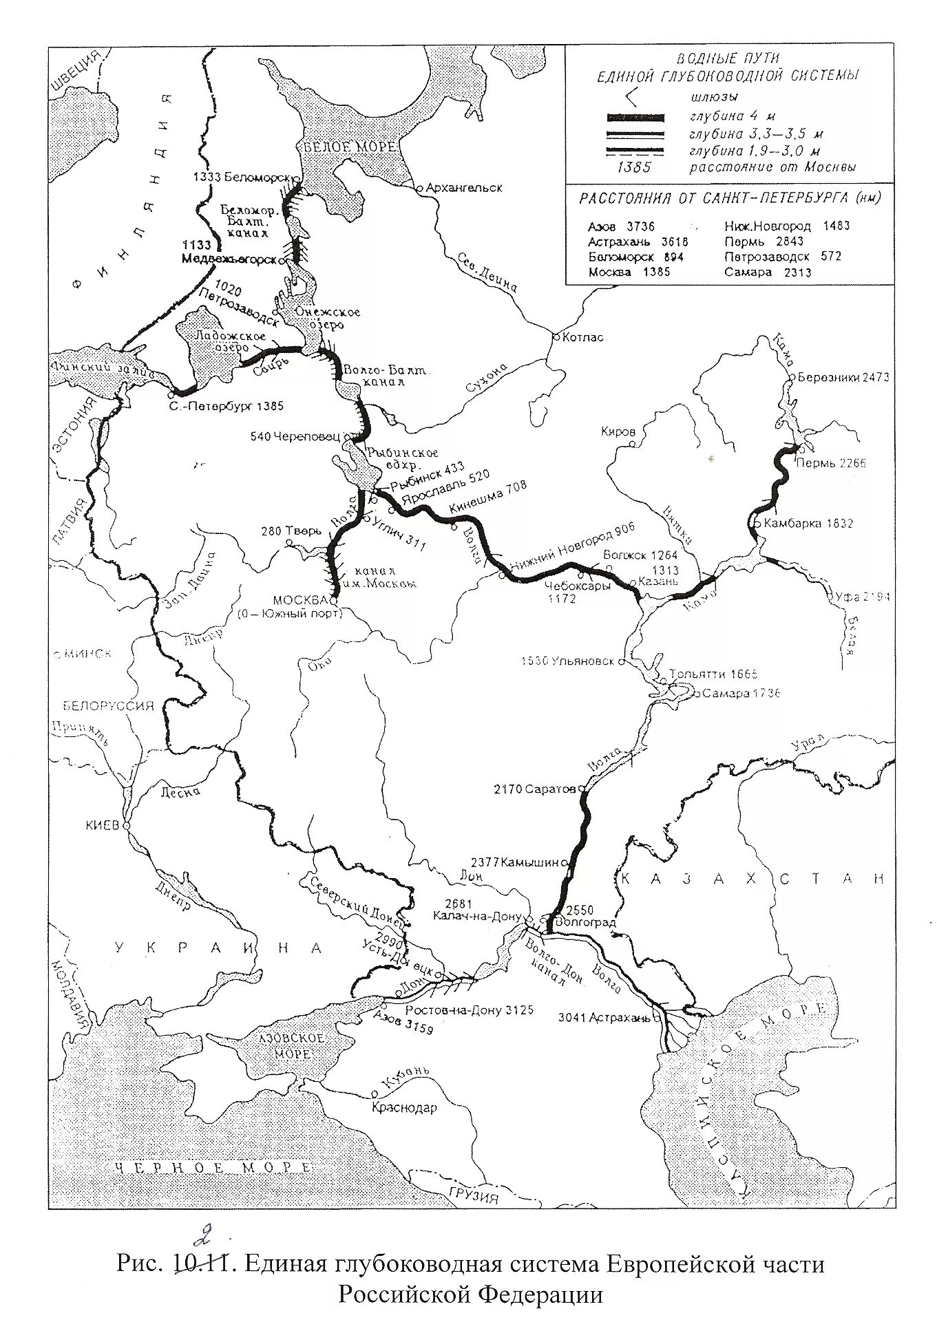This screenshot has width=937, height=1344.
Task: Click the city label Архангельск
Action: click(465, 187)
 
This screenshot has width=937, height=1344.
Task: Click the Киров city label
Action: click(618, 431)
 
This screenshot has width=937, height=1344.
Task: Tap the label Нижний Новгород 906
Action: click(585, 538)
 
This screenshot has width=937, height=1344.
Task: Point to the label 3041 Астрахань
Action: click(604, 1017)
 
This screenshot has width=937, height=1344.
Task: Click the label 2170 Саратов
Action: click(534, 789)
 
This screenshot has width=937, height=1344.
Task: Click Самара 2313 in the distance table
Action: click(768, 272)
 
